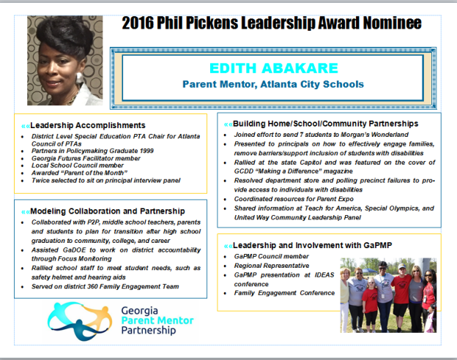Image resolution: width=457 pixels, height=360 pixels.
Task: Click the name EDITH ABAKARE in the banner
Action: [x=274, y=69]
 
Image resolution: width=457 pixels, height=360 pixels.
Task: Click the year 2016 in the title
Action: [x=137, y=23]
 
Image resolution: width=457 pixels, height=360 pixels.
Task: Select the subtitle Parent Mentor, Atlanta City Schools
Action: [x=273, y=84]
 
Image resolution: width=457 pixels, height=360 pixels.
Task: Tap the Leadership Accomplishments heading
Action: [x=88, y=125]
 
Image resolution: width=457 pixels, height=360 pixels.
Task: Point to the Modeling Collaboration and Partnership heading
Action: [x=108, y=211]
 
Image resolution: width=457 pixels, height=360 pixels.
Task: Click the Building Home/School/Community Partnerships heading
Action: [x=326, y=124]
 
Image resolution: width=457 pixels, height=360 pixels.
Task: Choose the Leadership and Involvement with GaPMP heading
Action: [x=312, y=246]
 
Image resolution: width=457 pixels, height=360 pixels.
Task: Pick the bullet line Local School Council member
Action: [x=78, y=165]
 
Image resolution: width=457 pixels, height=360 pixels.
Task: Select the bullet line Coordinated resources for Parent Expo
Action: [x=294, y=199]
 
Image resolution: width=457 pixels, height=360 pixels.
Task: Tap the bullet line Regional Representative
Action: [x=272, y=266]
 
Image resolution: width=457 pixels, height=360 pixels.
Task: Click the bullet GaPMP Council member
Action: [x=271, y=256]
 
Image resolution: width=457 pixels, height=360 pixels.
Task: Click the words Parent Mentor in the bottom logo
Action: [x=157, y=320]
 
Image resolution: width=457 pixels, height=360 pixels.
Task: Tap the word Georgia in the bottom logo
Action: [x=140, y=311]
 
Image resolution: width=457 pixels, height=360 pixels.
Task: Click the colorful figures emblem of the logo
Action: [x=80, y=320]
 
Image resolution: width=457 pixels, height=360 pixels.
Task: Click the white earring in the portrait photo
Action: [x=79, y=78]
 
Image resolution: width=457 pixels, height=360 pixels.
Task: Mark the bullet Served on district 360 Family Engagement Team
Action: [x=105, y=287]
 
